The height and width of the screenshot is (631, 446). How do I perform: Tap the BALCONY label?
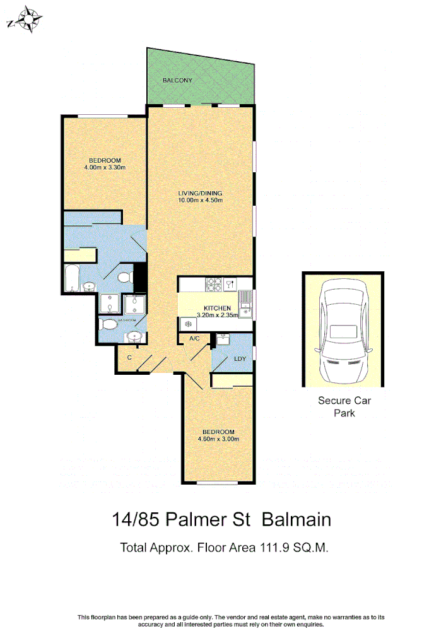(177, 81)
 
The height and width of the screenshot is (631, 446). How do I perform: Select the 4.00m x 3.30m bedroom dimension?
(105, 168)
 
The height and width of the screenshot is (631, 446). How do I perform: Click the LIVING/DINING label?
(200, 193)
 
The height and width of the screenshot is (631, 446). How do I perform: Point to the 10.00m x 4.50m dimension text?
(200, 201)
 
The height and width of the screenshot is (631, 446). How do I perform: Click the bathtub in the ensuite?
(71, 279)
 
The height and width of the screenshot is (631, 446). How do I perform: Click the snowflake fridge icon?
(187, 323)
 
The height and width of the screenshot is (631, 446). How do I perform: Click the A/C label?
(195, 339)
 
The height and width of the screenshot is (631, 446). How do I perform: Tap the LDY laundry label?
(240, 359)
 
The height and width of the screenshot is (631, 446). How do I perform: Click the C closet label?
(129, 358)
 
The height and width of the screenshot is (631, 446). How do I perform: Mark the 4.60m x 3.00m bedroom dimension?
(218, 439)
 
